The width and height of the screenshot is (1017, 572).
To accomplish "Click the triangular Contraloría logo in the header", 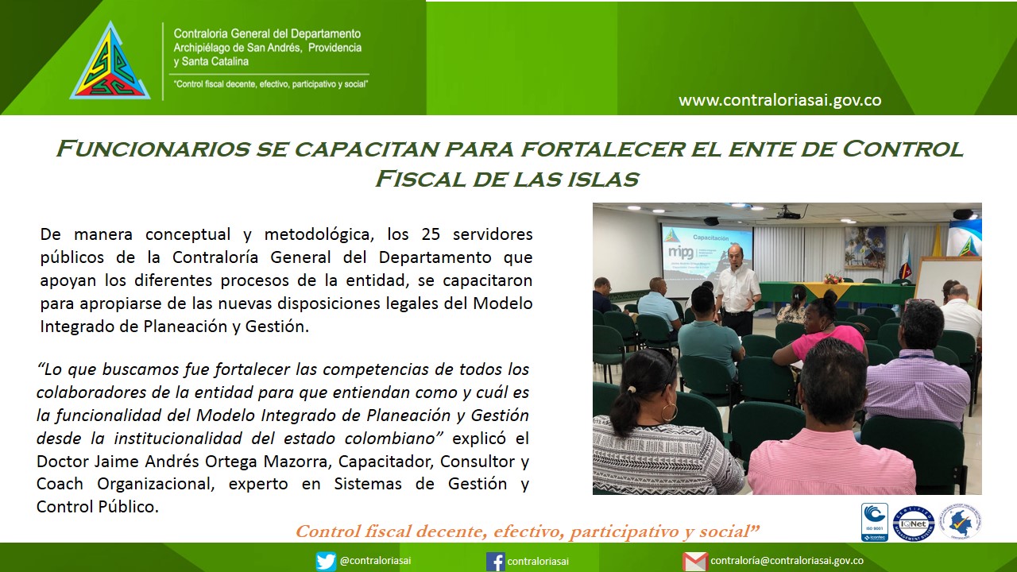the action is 110,64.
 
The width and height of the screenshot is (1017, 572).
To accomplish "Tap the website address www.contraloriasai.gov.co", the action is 780,100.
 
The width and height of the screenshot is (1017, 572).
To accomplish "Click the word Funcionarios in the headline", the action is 153,149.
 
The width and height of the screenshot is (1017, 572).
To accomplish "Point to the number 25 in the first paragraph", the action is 431,234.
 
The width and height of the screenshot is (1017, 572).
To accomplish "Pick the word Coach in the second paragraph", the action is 60,484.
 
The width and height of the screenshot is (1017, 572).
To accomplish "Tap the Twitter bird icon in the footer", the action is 326,562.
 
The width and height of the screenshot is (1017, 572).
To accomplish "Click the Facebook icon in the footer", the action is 495,562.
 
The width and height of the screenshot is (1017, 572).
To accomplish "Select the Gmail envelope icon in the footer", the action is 694,562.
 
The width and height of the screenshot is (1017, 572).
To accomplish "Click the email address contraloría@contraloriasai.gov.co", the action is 787,561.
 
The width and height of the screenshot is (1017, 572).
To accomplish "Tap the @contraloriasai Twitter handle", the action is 376,561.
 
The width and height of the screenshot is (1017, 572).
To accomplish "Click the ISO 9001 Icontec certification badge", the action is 875,522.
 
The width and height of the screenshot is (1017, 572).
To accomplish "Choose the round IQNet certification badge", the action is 914,524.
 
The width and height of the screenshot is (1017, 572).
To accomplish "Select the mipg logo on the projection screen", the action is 681,252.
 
